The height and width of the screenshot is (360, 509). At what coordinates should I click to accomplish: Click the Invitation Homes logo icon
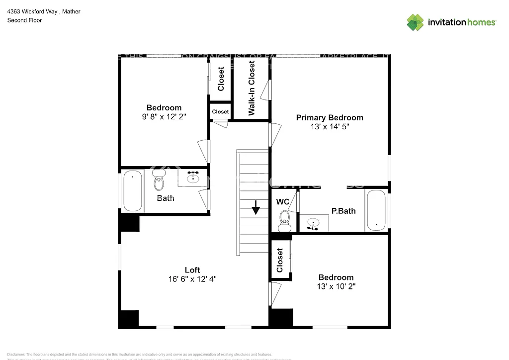[x=415, y=22]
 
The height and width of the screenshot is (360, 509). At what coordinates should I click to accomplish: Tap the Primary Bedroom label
[x=330, y=118]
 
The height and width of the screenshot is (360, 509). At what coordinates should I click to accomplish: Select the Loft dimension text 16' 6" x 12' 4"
[x=192, y=279]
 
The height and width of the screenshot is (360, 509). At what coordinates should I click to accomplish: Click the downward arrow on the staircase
[x=255, y=207]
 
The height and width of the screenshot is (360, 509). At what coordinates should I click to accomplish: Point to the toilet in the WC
[x=285, y=219]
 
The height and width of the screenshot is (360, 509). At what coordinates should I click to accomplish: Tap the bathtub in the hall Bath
[x=133, y=191]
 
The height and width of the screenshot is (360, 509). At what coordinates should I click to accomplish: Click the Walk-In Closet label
[x=252, y=88]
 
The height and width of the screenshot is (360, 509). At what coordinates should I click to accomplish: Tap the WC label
[x=282, y=202]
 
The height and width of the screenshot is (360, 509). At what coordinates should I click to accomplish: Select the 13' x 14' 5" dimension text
[x=330, y=127]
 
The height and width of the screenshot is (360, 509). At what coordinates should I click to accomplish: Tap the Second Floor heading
[x=24, y=20]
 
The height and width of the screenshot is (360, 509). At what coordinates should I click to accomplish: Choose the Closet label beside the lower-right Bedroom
[x=280, y=260]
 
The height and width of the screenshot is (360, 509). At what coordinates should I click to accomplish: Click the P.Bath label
[x=343, y=211]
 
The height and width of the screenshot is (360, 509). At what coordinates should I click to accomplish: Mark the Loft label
[x=192, y=270]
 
